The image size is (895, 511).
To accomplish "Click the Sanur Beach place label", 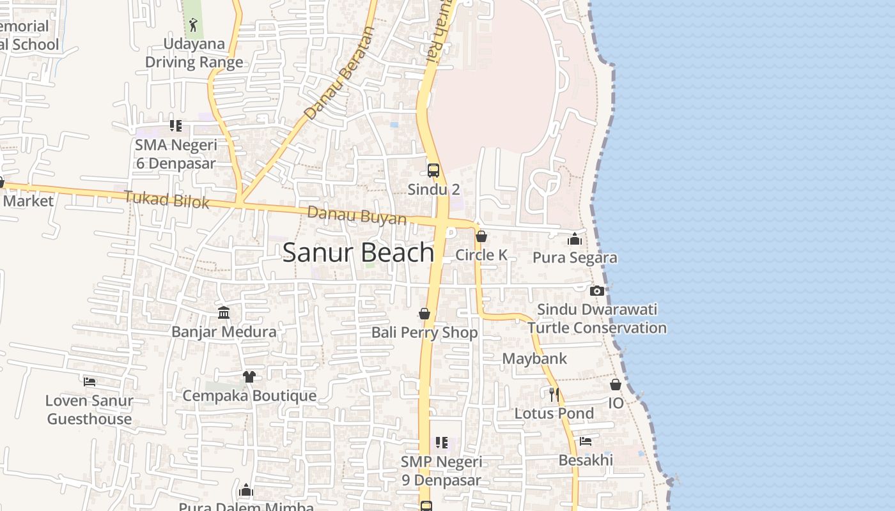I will click(358, 253).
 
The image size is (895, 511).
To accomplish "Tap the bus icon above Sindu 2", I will click(433, 171).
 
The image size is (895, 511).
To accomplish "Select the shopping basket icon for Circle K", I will click(481, 236).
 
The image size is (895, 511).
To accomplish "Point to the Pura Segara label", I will click(575, 257).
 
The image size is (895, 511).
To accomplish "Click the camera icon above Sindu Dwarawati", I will click(597, 291).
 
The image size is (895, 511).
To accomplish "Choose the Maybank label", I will click(534, 358).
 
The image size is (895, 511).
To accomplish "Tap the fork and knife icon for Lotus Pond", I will click(554, 394).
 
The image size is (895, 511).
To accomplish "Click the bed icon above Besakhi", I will click(585, 441).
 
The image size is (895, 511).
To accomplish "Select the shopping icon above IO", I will click(615, 385).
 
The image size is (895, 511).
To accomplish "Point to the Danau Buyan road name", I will click(357, 215).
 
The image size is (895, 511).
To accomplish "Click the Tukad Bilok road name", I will click(167, 199).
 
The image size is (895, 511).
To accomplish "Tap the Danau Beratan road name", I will click(338, 73).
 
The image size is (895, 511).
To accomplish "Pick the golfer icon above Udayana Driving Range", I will click(193, 26).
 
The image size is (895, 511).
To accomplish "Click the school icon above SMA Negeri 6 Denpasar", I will click(175, 126).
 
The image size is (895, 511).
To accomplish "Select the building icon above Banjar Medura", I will click(224, 312).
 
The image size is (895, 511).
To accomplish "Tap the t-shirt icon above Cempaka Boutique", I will click(249, 377).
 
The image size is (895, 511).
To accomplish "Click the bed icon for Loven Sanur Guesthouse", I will click(89, 382).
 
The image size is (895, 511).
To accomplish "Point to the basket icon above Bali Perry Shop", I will click(424, 314).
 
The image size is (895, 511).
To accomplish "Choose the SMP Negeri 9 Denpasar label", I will click(441, 471).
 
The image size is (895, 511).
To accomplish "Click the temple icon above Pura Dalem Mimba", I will click(245, 491).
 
